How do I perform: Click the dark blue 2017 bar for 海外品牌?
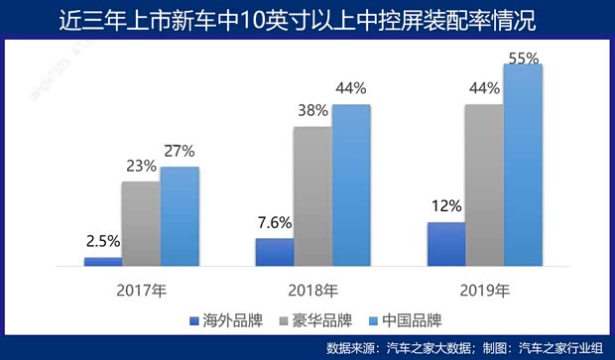(x=102, y=262)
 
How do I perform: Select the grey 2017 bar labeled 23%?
(x=141, y=224)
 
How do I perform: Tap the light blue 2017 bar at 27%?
(x=180, y=216)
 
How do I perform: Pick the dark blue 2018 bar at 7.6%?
(x=275, y=252)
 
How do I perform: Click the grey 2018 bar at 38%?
(x=312, y=196)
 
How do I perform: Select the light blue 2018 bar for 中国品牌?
(x=351, y=185)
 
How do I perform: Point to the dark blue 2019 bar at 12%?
(x=445, y=244)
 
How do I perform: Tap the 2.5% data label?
(x=102, y=241)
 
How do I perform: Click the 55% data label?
(x=523, y=59)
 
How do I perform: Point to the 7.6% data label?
(x=274, y=222)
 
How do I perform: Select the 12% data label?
(x=446, y=206)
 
